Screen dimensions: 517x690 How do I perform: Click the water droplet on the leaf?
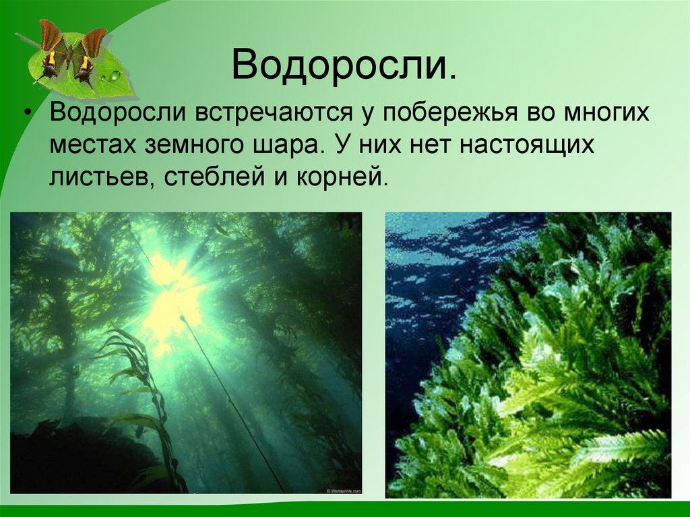[x=115, y=75]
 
